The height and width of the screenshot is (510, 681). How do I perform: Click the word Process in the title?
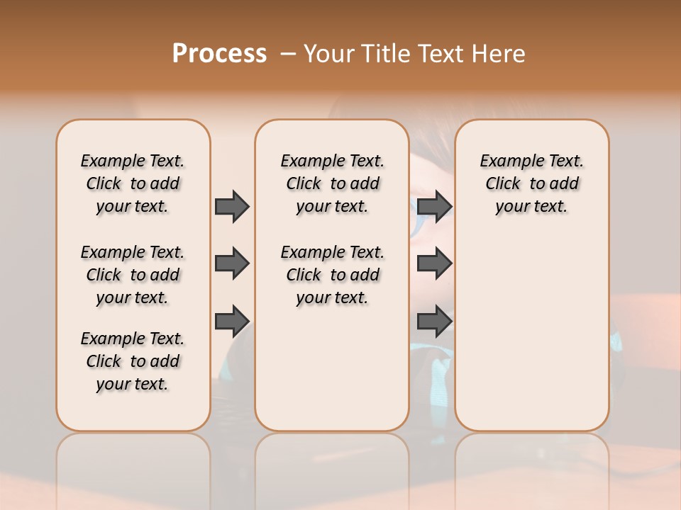coord(219,54)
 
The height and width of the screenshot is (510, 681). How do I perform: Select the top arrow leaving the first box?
coord(232,206)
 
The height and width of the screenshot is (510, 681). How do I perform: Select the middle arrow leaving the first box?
coord(232,263)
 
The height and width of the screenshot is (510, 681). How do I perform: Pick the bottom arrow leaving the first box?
coord(232,321)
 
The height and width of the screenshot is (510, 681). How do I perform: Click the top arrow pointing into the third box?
coord(434,206)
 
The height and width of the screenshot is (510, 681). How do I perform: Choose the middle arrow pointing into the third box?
coord(434,263)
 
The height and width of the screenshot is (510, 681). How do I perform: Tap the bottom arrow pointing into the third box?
coord(434,321)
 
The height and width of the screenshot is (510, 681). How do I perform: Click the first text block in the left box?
coord(133,183)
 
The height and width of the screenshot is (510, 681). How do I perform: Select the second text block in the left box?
coord(133,275)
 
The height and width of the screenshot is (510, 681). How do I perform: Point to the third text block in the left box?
coord(133,361)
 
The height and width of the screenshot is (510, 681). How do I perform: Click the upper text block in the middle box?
coord(332,183)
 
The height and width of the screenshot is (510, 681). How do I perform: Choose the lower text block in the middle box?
coord(332,275)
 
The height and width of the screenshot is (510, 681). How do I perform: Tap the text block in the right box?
coord(531,183)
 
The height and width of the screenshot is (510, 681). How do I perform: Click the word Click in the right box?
coord(503,183)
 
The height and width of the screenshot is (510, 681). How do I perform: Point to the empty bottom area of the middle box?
coord(332,375)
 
